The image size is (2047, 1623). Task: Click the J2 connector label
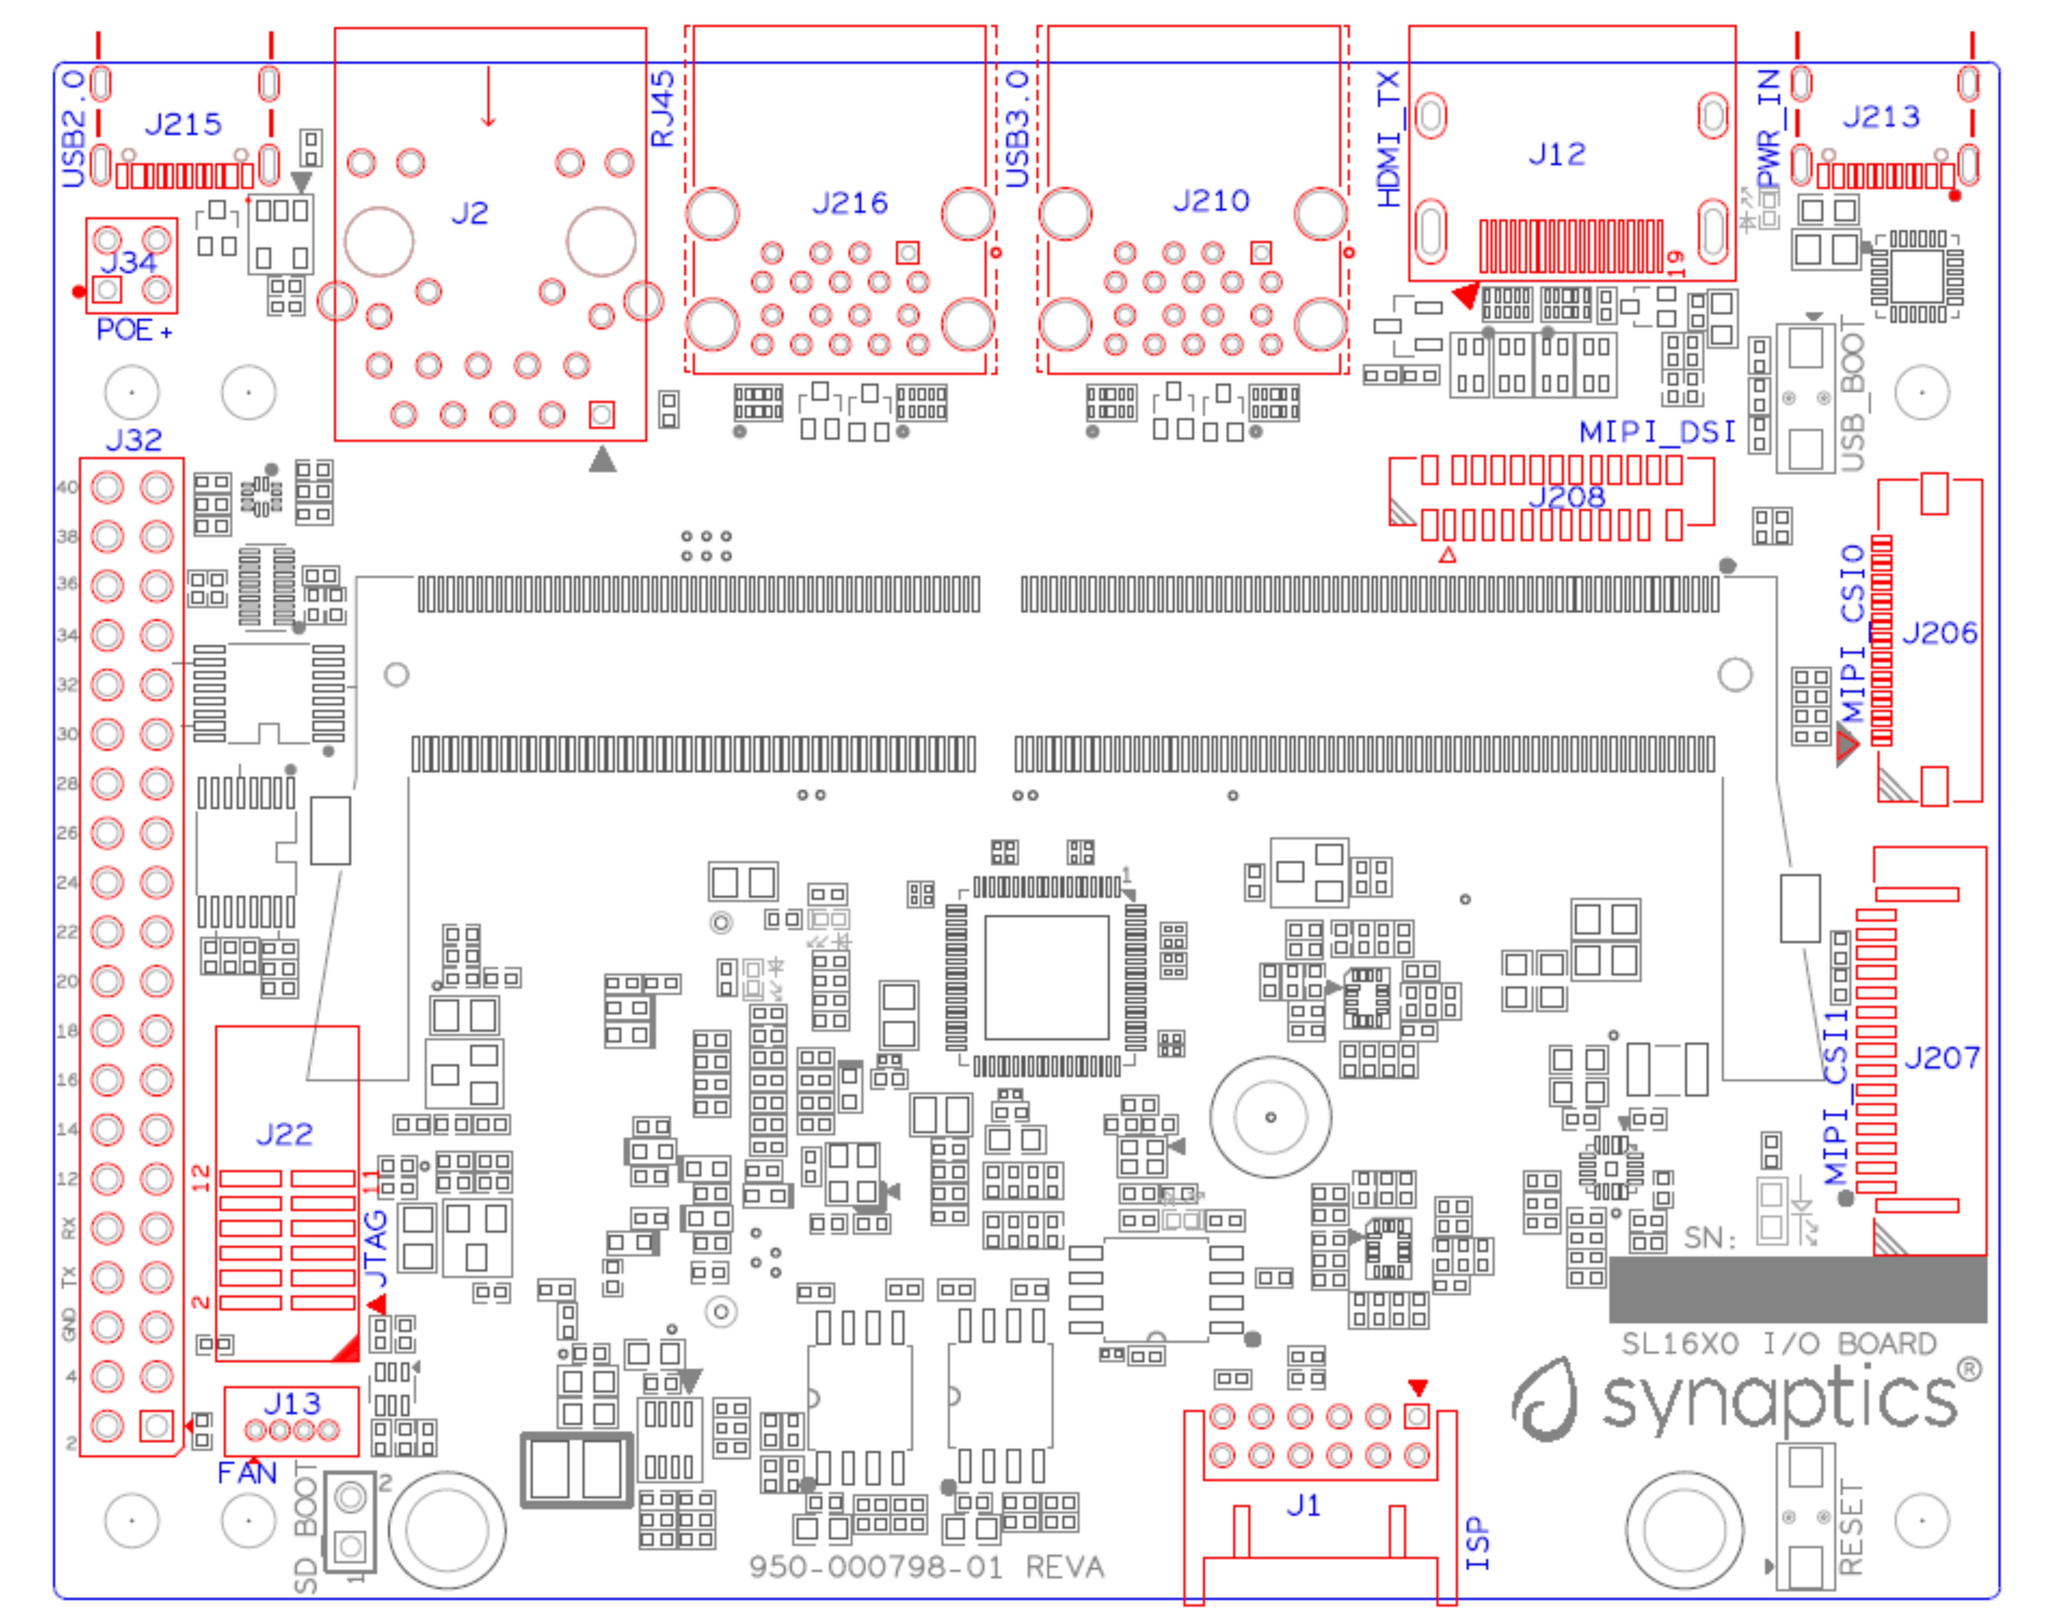tap(469, 213)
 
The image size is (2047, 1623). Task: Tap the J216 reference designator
tap(850, 202)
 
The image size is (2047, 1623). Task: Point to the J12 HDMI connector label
tap(1557, 154)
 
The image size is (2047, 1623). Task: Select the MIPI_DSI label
tap(1657, 433)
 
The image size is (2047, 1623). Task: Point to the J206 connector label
tap(1939, 633)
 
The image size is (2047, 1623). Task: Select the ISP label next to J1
tap(1477, 1542)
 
